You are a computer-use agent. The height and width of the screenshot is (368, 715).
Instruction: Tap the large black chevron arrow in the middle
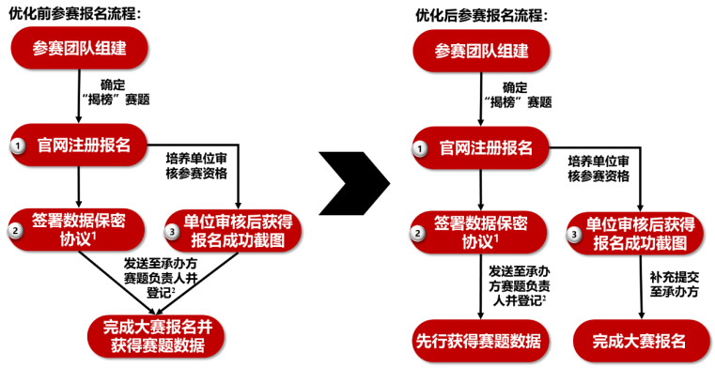(354, 183)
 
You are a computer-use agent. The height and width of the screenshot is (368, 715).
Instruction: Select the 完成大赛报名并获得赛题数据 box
(156, 336)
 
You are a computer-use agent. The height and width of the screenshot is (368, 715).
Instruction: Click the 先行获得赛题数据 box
(478, 341)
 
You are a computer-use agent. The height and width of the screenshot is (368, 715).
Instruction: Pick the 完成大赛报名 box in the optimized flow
(639, 341)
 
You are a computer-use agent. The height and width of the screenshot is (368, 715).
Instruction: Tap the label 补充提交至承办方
(674, 284)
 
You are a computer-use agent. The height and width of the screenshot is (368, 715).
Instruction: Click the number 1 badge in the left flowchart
(18, 146)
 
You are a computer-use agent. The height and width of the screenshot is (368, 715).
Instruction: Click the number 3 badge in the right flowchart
(574, 235)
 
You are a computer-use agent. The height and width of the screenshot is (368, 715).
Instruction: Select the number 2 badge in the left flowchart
(15, 230)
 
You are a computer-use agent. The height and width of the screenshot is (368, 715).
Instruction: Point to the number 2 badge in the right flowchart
(417, 234)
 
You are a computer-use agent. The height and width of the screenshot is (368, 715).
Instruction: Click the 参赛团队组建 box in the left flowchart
(79, 48)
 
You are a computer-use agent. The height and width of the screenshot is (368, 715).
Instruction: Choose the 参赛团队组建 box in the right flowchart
(481, 51)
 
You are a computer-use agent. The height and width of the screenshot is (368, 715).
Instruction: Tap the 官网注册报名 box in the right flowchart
(481, 148)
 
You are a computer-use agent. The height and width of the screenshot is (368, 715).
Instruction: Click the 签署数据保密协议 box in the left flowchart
(77, 230)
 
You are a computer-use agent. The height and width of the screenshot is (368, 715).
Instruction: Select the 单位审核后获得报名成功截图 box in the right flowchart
(635, 234)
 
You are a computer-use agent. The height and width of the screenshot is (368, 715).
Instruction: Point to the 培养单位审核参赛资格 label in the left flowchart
(196, 166)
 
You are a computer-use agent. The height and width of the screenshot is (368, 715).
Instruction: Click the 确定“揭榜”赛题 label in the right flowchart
(518, 95)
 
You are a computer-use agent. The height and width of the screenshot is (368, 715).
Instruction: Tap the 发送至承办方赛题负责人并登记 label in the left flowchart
(160, 278)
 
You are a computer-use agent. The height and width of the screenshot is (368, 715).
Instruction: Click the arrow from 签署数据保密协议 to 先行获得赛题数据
(480, 287)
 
